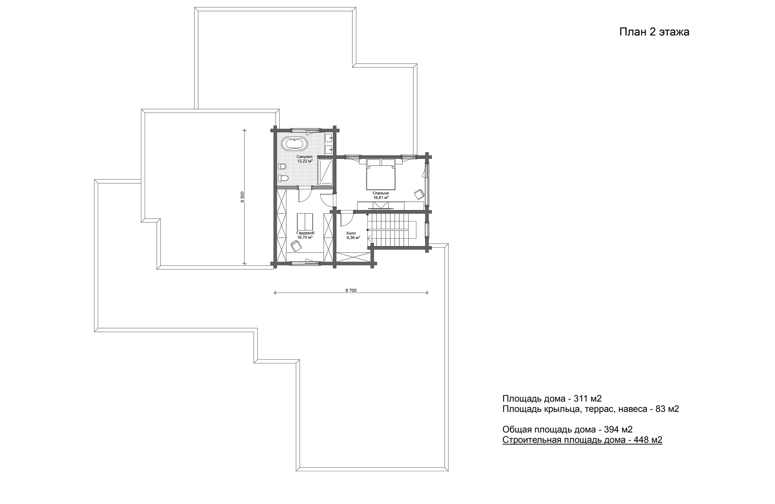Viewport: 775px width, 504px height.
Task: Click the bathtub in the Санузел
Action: click(294, 144)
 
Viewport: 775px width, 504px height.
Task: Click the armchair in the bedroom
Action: click(419, 194)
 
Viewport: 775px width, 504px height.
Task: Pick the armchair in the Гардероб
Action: click(296, 246)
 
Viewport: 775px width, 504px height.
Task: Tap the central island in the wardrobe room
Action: click(305, 222)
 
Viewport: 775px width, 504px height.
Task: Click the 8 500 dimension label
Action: click(242, 197)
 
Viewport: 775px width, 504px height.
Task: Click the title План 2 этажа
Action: click(654, 32)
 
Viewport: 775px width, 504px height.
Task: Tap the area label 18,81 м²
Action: click(381, 197)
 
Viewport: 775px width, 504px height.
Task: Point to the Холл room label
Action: click(351, 233)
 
